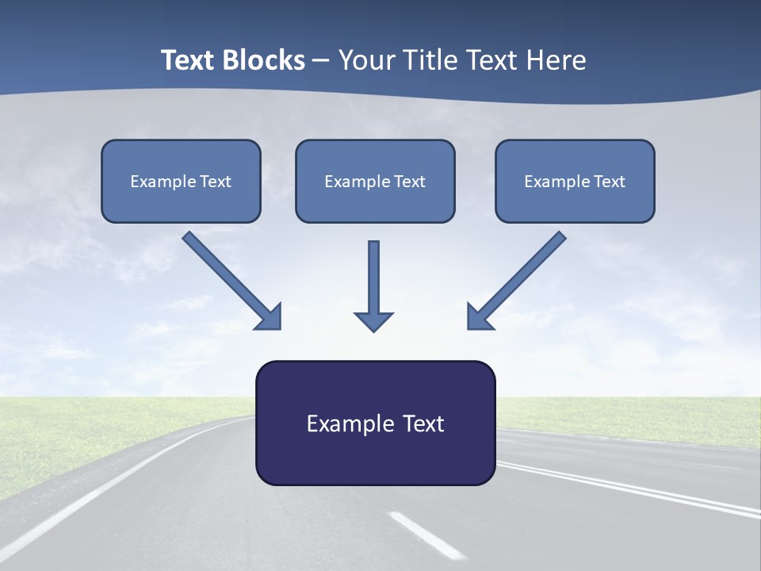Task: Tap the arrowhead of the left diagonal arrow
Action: pos(270,317)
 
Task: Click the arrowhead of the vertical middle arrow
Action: pos(373,320)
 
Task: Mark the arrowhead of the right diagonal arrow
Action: pos(479,317)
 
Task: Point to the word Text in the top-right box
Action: pos(610,182)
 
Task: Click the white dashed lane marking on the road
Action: pos(426,535)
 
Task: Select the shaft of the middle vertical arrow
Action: pos(373,274)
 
